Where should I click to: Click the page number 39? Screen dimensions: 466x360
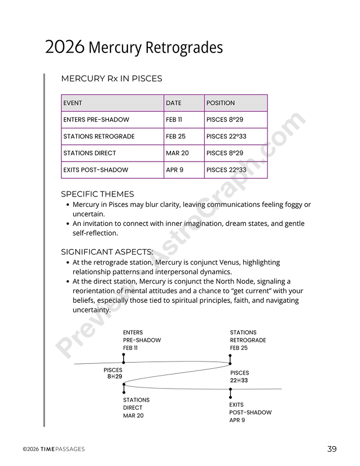332,449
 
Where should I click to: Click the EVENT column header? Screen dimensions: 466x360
73,103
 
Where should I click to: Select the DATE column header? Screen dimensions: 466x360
174,103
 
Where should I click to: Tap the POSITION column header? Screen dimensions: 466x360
221,103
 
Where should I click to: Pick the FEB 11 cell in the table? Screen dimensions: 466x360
174,120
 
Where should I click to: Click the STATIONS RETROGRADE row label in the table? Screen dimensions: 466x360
99,137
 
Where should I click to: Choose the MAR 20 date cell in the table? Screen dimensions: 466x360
177,153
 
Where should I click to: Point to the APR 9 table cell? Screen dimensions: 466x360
174,170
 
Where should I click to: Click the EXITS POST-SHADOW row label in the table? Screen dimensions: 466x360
95,170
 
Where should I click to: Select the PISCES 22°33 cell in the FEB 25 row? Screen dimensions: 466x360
226,137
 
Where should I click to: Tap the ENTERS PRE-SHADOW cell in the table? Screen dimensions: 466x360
96,120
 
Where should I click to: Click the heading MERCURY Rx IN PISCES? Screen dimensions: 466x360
111,79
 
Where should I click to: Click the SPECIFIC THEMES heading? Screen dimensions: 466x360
97,194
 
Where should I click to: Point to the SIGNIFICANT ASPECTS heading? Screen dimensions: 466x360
107,252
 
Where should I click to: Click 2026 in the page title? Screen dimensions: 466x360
64,47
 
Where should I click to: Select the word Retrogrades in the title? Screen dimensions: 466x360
184,47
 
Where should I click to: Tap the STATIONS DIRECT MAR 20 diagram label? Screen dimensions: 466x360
136,408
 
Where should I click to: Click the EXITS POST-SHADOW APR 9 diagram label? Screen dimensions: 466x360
250,412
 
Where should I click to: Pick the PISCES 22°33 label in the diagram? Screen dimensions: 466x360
239,377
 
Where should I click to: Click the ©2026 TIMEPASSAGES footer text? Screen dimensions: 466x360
54,449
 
